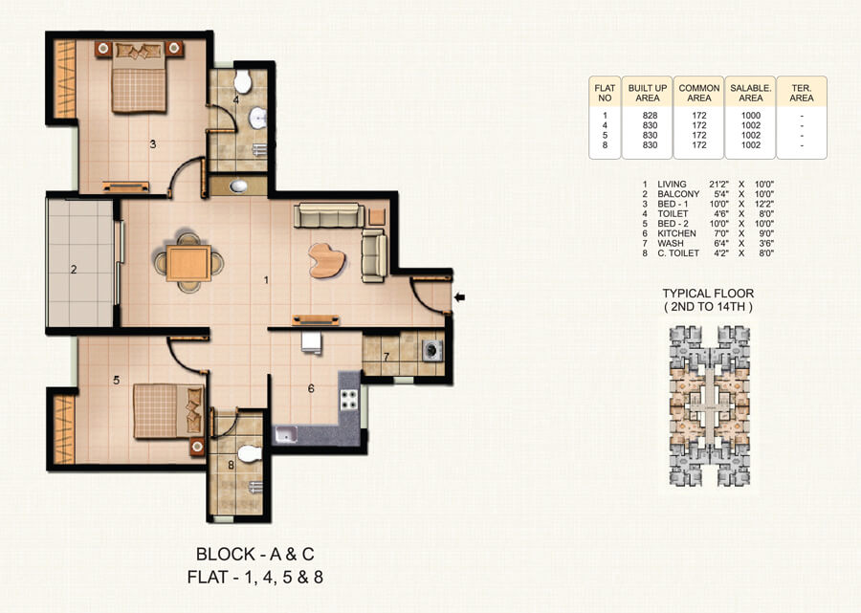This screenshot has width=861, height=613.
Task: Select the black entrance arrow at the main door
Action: (460, 298)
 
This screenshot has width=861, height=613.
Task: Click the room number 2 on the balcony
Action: (74, 270)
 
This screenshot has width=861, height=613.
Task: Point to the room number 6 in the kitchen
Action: (311, 389)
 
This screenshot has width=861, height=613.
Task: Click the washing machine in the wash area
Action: (433, 350)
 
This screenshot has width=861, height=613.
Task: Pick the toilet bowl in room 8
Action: (250, 452)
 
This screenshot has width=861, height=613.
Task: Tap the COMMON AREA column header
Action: (698, 93)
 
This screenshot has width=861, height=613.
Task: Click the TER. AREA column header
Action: (802, 93)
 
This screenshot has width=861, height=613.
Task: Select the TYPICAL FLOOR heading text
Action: (708, 294)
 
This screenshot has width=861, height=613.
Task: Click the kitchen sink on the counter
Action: (286, 436)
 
